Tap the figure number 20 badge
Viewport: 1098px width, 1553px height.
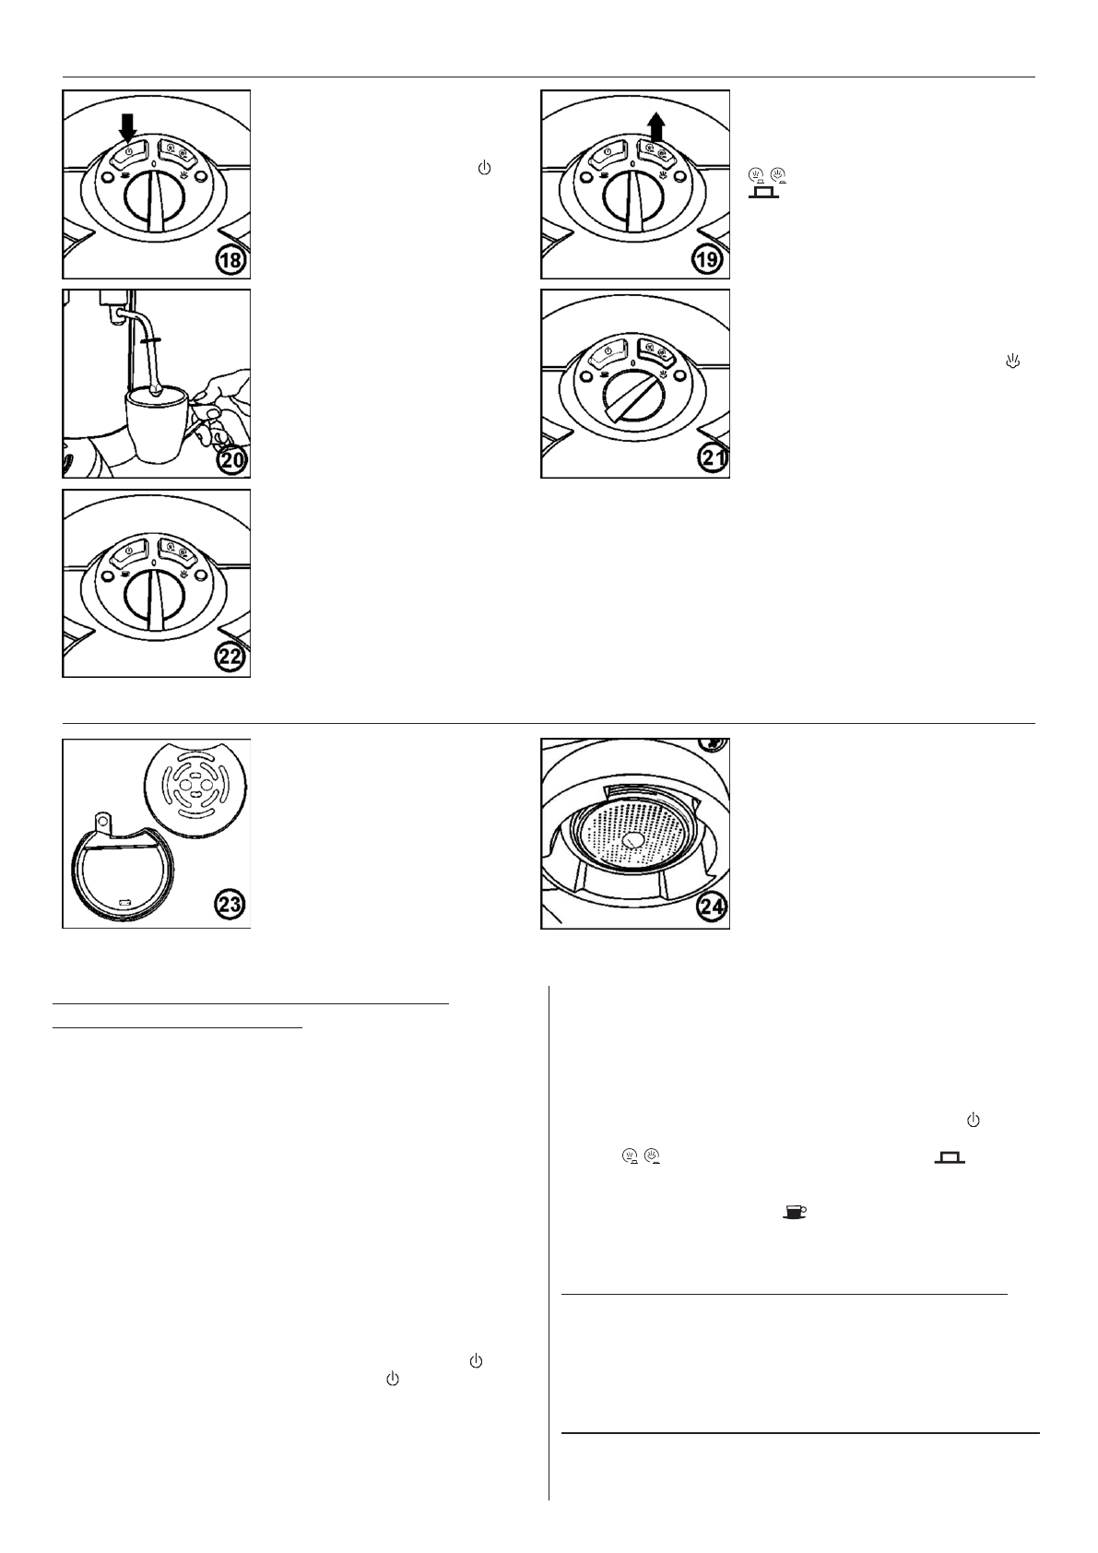click(x=231, y=459)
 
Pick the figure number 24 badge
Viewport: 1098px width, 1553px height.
click(x=710, y=908)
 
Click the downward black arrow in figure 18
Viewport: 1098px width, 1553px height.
click(x=127, y=128)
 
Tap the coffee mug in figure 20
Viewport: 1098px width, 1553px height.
click(x=160, y=424)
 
